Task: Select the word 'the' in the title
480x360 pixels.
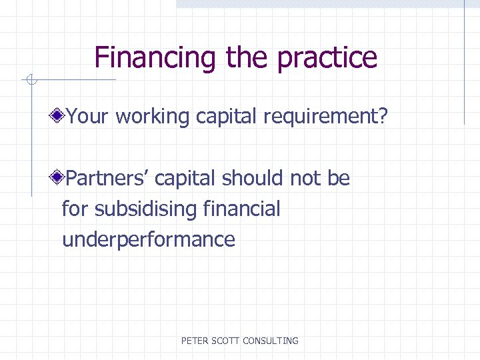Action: pos(247,57)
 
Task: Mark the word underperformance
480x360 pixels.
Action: pos(149,240)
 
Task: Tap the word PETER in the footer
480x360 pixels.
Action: pos(195,341)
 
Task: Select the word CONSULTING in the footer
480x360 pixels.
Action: pos(271,341)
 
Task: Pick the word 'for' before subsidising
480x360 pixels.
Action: pos(75,209)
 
